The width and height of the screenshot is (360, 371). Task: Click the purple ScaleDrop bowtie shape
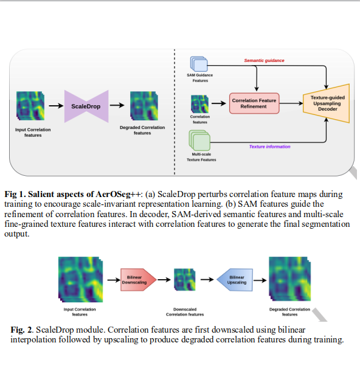(86, 106)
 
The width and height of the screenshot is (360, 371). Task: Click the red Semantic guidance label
(264, 61)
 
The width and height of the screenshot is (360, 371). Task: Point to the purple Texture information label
(269, 147)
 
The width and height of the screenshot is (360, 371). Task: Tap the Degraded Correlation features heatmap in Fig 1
(143, 105)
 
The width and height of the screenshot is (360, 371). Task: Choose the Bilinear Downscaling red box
(139, 280)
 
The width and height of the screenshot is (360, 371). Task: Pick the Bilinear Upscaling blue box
(237, 280)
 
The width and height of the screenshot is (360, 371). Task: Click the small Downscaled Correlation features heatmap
(184, 281)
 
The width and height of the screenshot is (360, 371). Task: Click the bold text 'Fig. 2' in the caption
(21, 329)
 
